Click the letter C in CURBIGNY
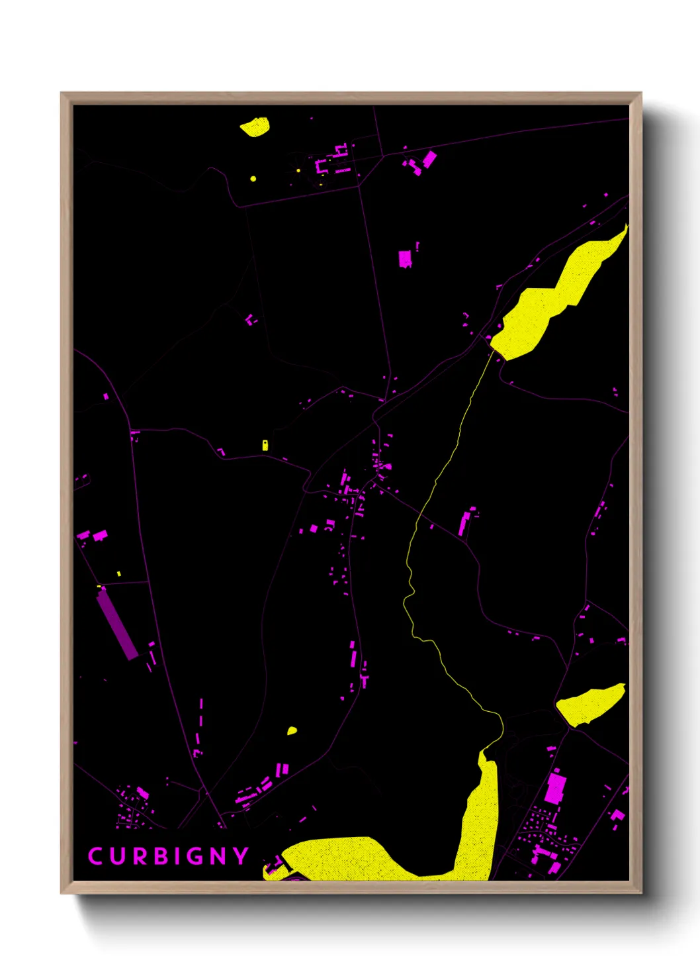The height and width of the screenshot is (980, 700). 95,856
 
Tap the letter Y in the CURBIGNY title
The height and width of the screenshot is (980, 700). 240,856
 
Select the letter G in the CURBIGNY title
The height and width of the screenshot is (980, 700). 193,856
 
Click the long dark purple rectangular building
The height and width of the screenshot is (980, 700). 117,624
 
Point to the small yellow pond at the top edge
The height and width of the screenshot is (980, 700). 255,126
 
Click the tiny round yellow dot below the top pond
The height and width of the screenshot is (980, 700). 253,179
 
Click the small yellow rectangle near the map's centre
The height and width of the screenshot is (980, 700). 265,445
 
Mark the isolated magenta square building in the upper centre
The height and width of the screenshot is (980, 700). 405,258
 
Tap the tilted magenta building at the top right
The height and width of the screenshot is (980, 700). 429,159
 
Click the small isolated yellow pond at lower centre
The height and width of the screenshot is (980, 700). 292,731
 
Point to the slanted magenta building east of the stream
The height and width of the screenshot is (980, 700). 464,522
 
